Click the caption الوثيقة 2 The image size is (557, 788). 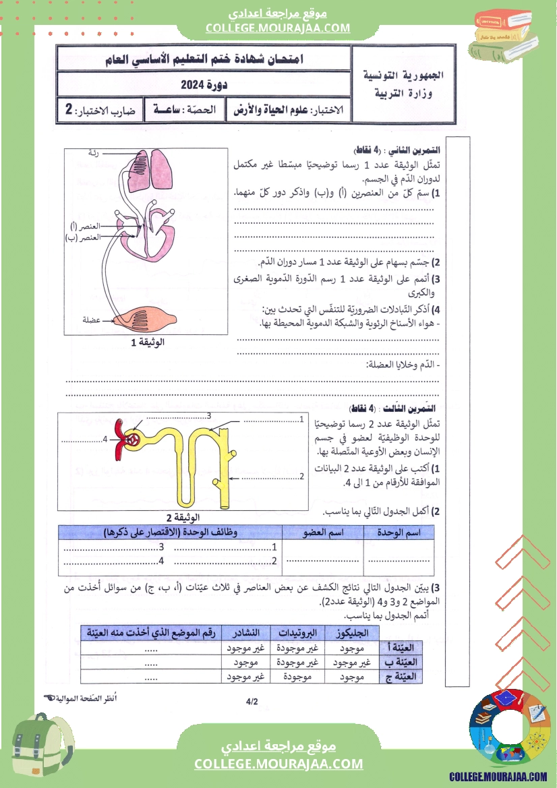(x=156, y=518)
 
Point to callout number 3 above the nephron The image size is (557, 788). (x=210, y=415)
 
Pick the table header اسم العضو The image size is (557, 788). (x=322, y=533)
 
